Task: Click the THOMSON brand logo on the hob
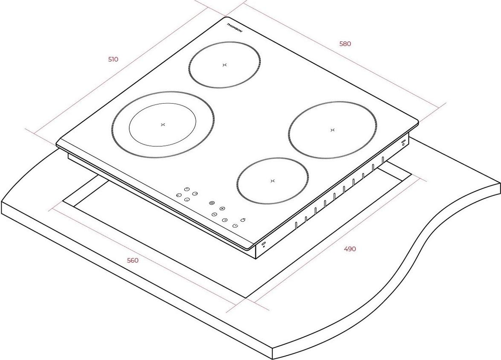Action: (x=235, y=28)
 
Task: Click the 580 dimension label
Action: (x=345, y=44)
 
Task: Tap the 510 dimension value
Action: (x=113, y=59)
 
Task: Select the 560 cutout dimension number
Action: (x=133, y=260)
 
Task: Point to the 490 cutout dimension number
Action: (x=350, y=249)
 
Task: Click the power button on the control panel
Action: (x=235, y=226)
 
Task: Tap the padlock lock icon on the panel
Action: (x=244, y=219)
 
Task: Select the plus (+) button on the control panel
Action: (x=222, y=209)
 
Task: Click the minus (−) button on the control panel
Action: (x=214, y=214)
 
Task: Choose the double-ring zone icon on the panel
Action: (x=212, y=203)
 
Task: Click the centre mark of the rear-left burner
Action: (x=224, y=65)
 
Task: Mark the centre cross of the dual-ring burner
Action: (x=163, y=125)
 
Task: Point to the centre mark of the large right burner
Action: (x=332, y=130)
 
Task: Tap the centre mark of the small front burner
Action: (x=273, y=181)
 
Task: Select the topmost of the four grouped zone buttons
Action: (x=187, y=189)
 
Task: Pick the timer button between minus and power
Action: (x=224, y=220)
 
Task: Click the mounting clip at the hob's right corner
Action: (x=404, y=142)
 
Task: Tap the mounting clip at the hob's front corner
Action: (x=263, y=245)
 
